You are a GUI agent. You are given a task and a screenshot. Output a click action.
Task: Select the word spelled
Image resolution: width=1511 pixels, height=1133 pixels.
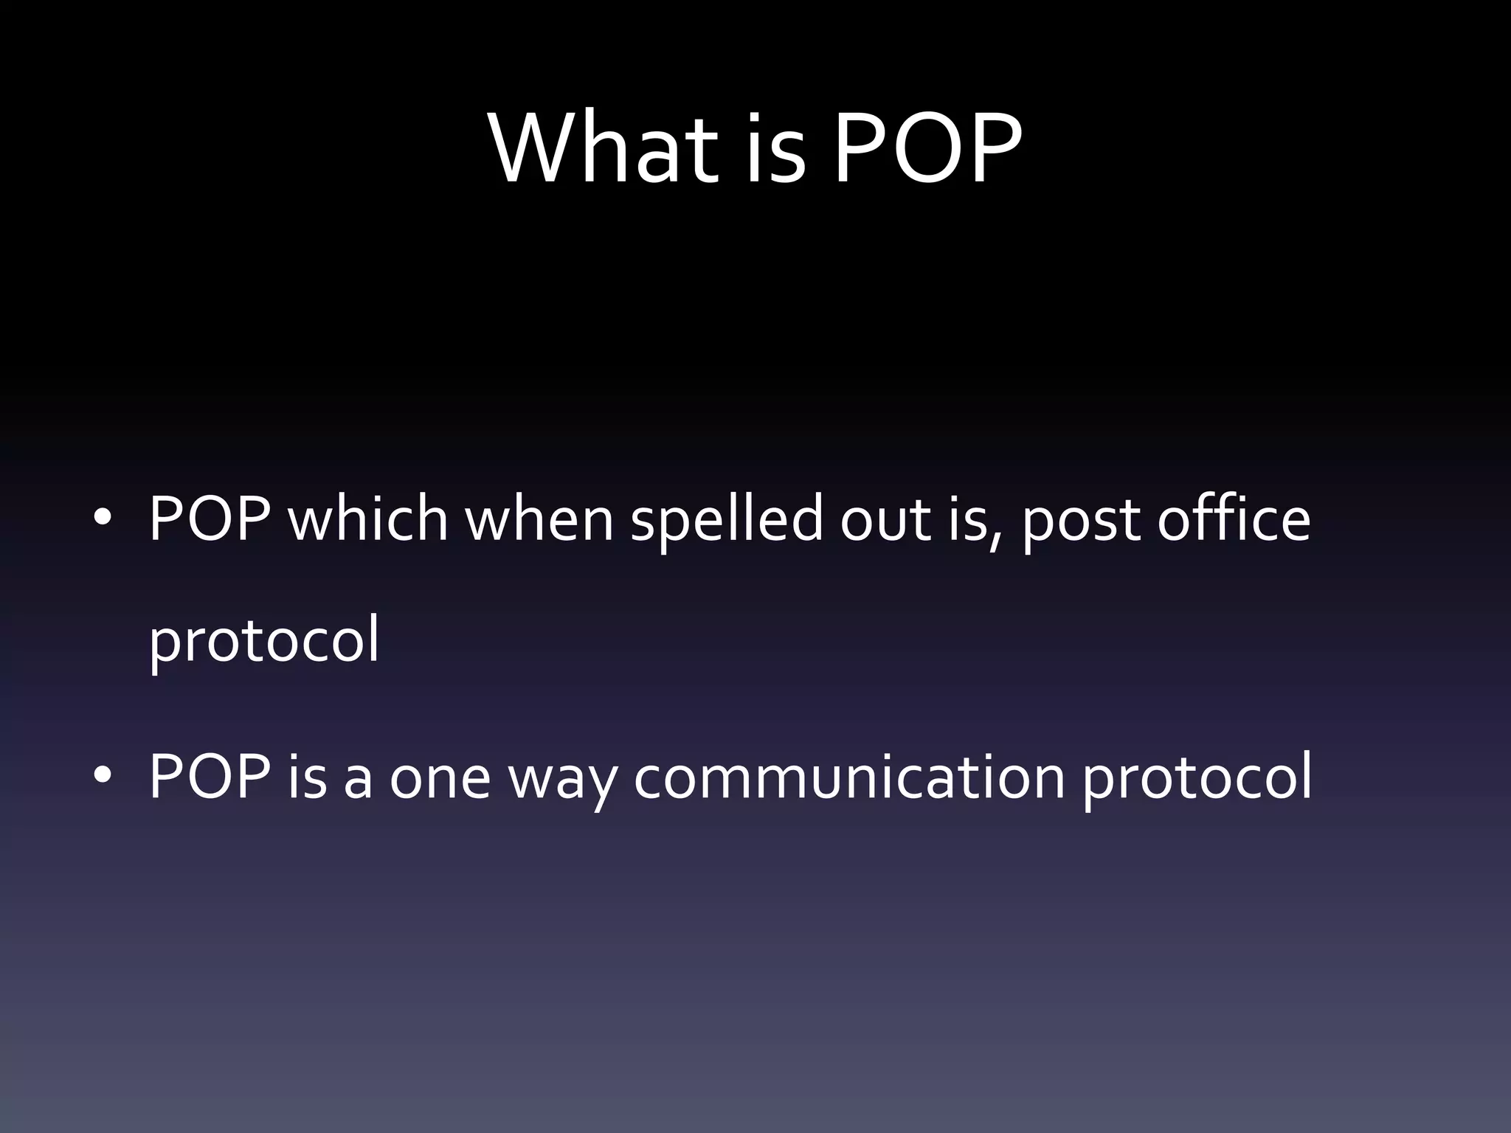(x=727, y=520)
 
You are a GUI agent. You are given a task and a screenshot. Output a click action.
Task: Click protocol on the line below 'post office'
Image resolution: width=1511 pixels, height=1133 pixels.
(x=264, y=641)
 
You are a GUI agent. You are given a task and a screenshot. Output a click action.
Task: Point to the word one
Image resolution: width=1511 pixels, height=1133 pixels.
(x=440, y=779)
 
